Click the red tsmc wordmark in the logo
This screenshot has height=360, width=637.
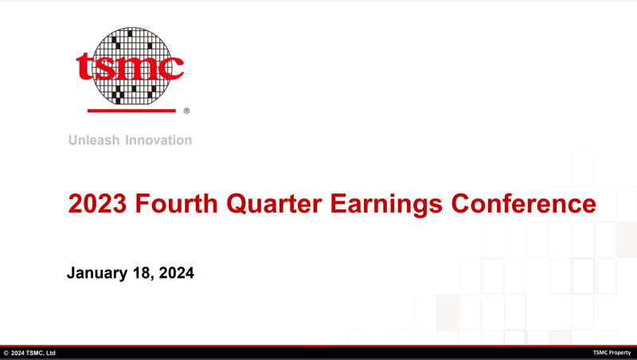(x=130, y=65)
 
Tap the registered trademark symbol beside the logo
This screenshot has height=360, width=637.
(x=186, y=111)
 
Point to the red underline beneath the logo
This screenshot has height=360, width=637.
(x=131, y=111)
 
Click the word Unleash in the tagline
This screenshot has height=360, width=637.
(x=94, y=140)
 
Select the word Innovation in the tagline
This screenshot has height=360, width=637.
(x=158, y=140)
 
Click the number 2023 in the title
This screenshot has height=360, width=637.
(x=97, y=203)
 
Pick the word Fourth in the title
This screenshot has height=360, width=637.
(x=176, y=203)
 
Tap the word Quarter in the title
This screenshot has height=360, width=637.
(x=274, y=204)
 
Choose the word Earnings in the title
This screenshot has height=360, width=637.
(x=386, y=205)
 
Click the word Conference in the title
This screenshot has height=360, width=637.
(x=523, y=203)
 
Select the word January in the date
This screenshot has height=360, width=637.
(x=97, y=273)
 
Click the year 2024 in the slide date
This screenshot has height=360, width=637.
(x=176, y=272)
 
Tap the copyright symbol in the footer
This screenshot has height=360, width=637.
(x=6, y=353)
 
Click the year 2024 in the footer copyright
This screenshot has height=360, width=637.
(x=18, y=353)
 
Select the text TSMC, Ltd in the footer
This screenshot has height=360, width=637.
(x=41, y=353)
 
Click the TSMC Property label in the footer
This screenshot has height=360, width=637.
(x=612, y=353)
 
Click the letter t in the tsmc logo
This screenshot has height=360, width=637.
(x=84, y=66)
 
